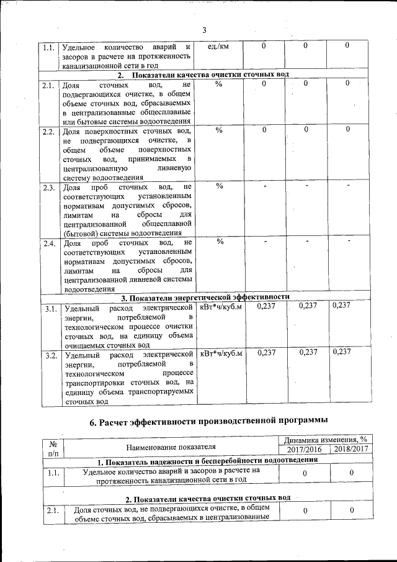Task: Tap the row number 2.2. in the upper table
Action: [x=49, y=132]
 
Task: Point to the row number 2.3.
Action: [x=49, y=188]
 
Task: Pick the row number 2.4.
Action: [x=49, y=243]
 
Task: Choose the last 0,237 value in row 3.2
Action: [x=342, y=352]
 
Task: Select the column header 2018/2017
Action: [x=351, y=449]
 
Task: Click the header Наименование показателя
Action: [x=171, y=446]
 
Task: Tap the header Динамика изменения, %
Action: [x=328, y=440]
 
